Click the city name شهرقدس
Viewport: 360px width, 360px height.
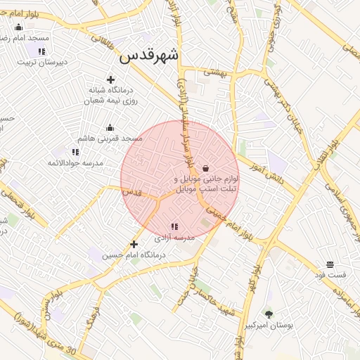150,56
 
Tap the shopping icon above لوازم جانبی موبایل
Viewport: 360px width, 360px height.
205,168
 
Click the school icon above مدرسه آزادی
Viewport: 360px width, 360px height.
174,226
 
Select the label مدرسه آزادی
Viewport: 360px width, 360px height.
174,239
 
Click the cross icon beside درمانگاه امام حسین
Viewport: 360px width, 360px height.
134,245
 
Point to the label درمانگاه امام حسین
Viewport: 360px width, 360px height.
134,256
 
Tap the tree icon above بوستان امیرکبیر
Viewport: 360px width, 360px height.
269,314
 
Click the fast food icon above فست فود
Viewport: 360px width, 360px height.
330,264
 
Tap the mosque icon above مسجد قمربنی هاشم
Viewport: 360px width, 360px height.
110,127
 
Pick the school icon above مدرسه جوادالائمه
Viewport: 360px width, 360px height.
75,151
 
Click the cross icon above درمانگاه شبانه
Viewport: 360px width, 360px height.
110,79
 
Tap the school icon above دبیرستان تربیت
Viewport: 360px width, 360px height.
42,51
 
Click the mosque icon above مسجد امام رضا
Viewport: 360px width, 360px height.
18,27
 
